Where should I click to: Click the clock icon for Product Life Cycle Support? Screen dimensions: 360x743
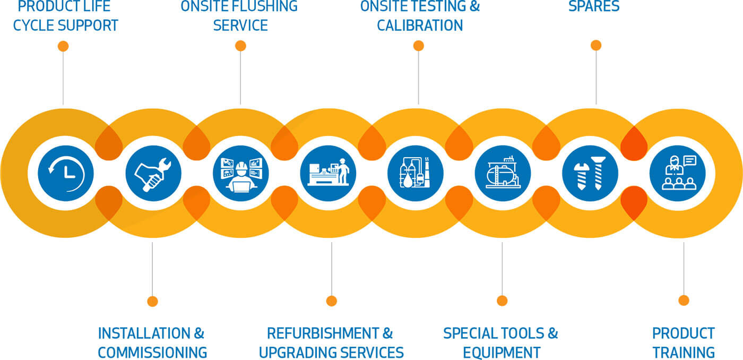coord(65,173)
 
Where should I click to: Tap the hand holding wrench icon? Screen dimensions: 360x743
coord(153,173)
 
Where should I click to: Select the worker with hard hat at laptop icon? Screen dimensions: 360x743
coord(240,173)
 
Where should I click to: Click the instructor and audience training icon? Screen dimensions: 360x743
coord(678,173)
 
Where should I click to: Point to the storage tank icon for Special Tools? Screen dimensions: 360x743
coord(503,173)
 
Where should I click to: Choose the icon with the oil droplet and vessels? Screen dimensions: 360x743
coord(415,173)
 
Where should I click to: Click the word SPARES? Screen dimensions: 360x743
coord(593,6)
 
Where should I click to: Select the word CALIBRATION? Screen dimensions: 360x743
coord(420,25)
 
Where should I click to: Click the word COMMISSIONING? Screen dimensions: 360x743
coord(152,352)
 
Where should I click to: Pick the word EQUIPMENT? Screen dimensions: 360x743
coord(502,352)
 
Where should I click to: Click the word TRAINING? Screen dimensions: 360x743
coord(684,352)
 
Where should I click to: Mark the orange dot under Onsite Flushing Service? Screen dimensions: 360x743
coord(240,46)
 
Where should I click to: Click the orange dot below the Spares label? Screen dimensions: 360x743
coord(596,46)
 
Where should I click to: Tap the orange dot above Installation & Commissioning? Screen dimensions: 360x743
coord(153,301)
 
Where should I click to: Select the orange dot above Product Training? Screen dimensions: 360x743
coord(684,301)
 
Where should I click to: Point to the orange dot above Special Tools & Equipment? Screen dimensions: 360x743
coord(502,301)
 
